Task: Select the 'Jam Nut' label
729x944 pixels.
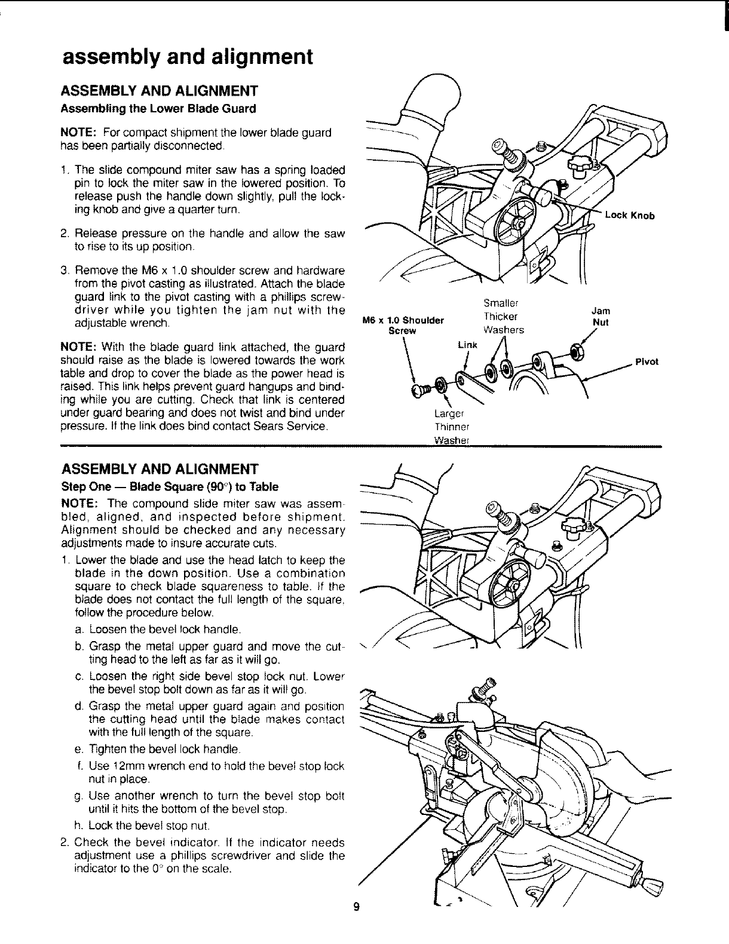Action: click(x=600, y=315)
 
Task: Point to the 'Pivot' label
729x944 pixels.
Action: click(x=647, y=361)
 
